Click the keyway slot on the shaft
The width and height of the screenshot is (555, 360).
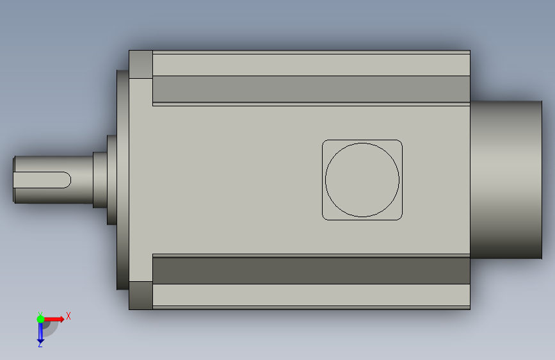[42, 180]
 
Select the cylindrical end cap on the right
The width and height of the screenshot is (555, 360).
[506, 179]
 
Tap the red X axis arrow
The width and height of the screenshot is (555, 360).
[53, 319]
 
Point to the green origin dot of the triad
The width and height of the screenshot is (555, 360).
[40, 319]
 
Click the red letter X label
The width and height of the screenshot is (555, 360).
[68, 316]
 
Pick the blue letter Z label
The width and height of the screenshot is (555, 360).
[40, 345]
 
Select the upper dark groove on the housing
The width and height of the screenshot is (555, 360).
[311, 89]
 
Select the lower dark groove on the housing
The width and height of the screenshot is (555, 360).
[311, 271]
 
